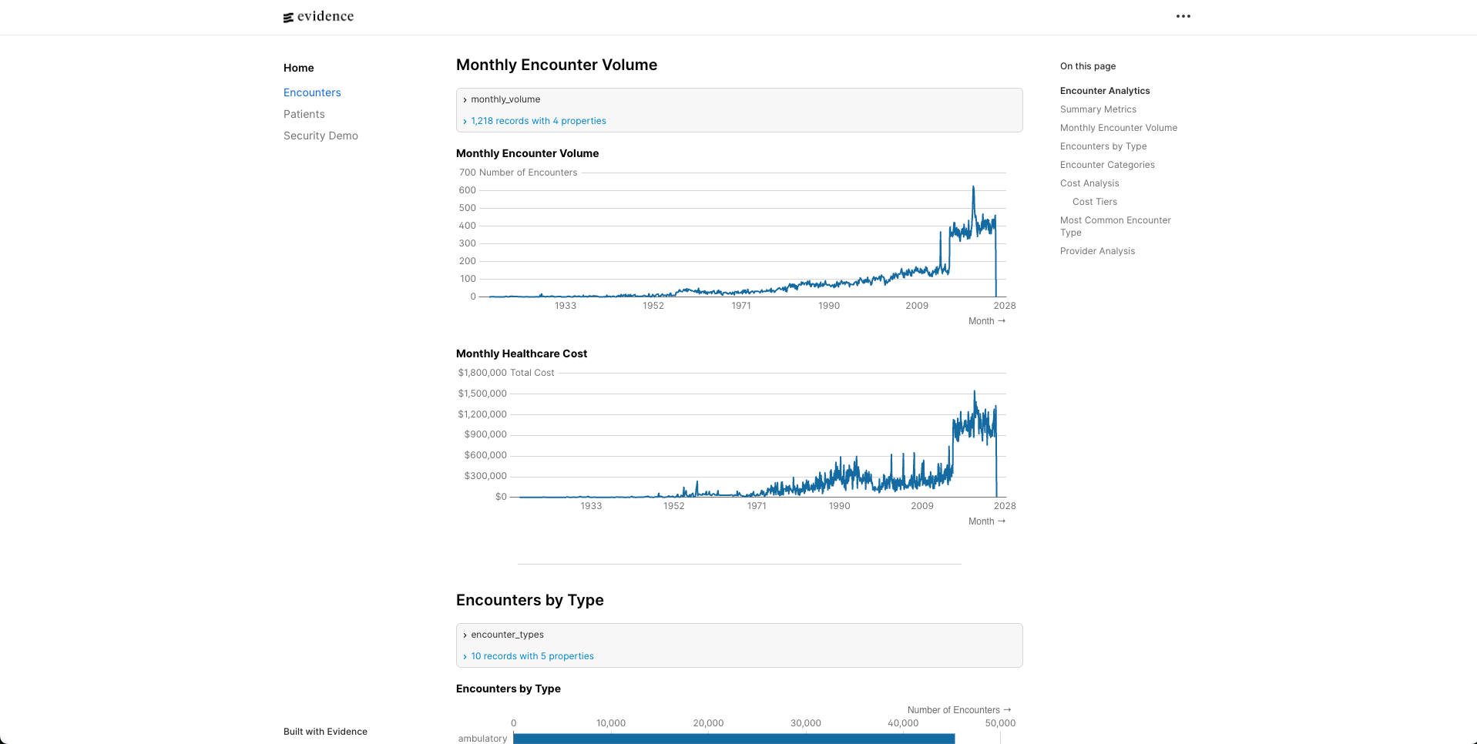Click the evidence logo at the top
318,17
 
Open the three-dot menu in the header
1183,16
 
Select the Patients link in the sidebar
304,114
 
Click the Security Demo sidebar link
321,136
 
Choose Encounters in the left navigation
312,92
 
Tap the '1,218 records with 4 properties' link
538,121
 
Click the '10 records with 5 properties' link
532,656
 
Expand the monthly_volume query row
505,99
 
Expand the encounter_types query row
507,635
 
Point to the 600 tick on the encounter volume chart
467,190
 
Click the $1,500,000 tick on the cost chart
482,394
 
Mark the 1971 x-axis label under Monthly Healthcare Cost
757,506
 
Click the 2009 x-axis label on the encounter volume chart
917,306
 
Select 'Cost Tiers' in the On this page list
1094,202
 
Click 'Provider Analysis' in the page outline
1097,251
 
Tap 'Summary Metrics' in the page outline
1098,109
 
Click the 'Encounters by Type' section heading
529,600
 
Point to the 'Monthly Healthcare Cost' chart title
521,354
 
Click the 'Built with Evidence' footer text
325,732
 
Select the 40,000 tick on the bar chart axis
902,723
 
